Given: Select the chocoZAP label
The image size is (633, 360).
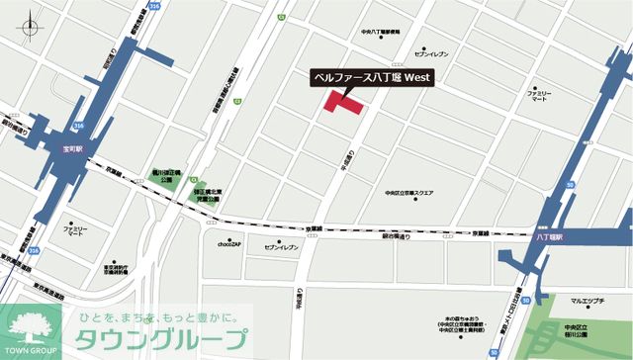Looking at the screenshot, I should (x=228, y=244).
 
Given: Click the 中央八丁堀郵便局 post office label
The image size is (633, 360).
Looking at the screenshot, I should (x=383, y=33).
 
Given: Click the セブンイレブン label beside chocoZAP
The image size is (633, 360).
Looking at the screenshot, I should (x=282, y=244).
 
